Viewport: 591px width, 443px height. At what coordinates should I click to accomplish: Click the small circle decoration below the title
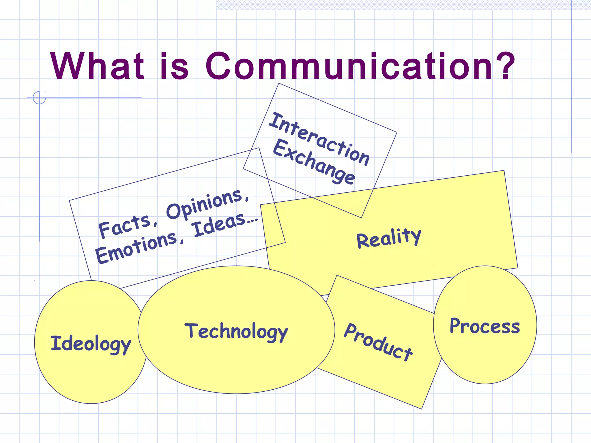[39, 97]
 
